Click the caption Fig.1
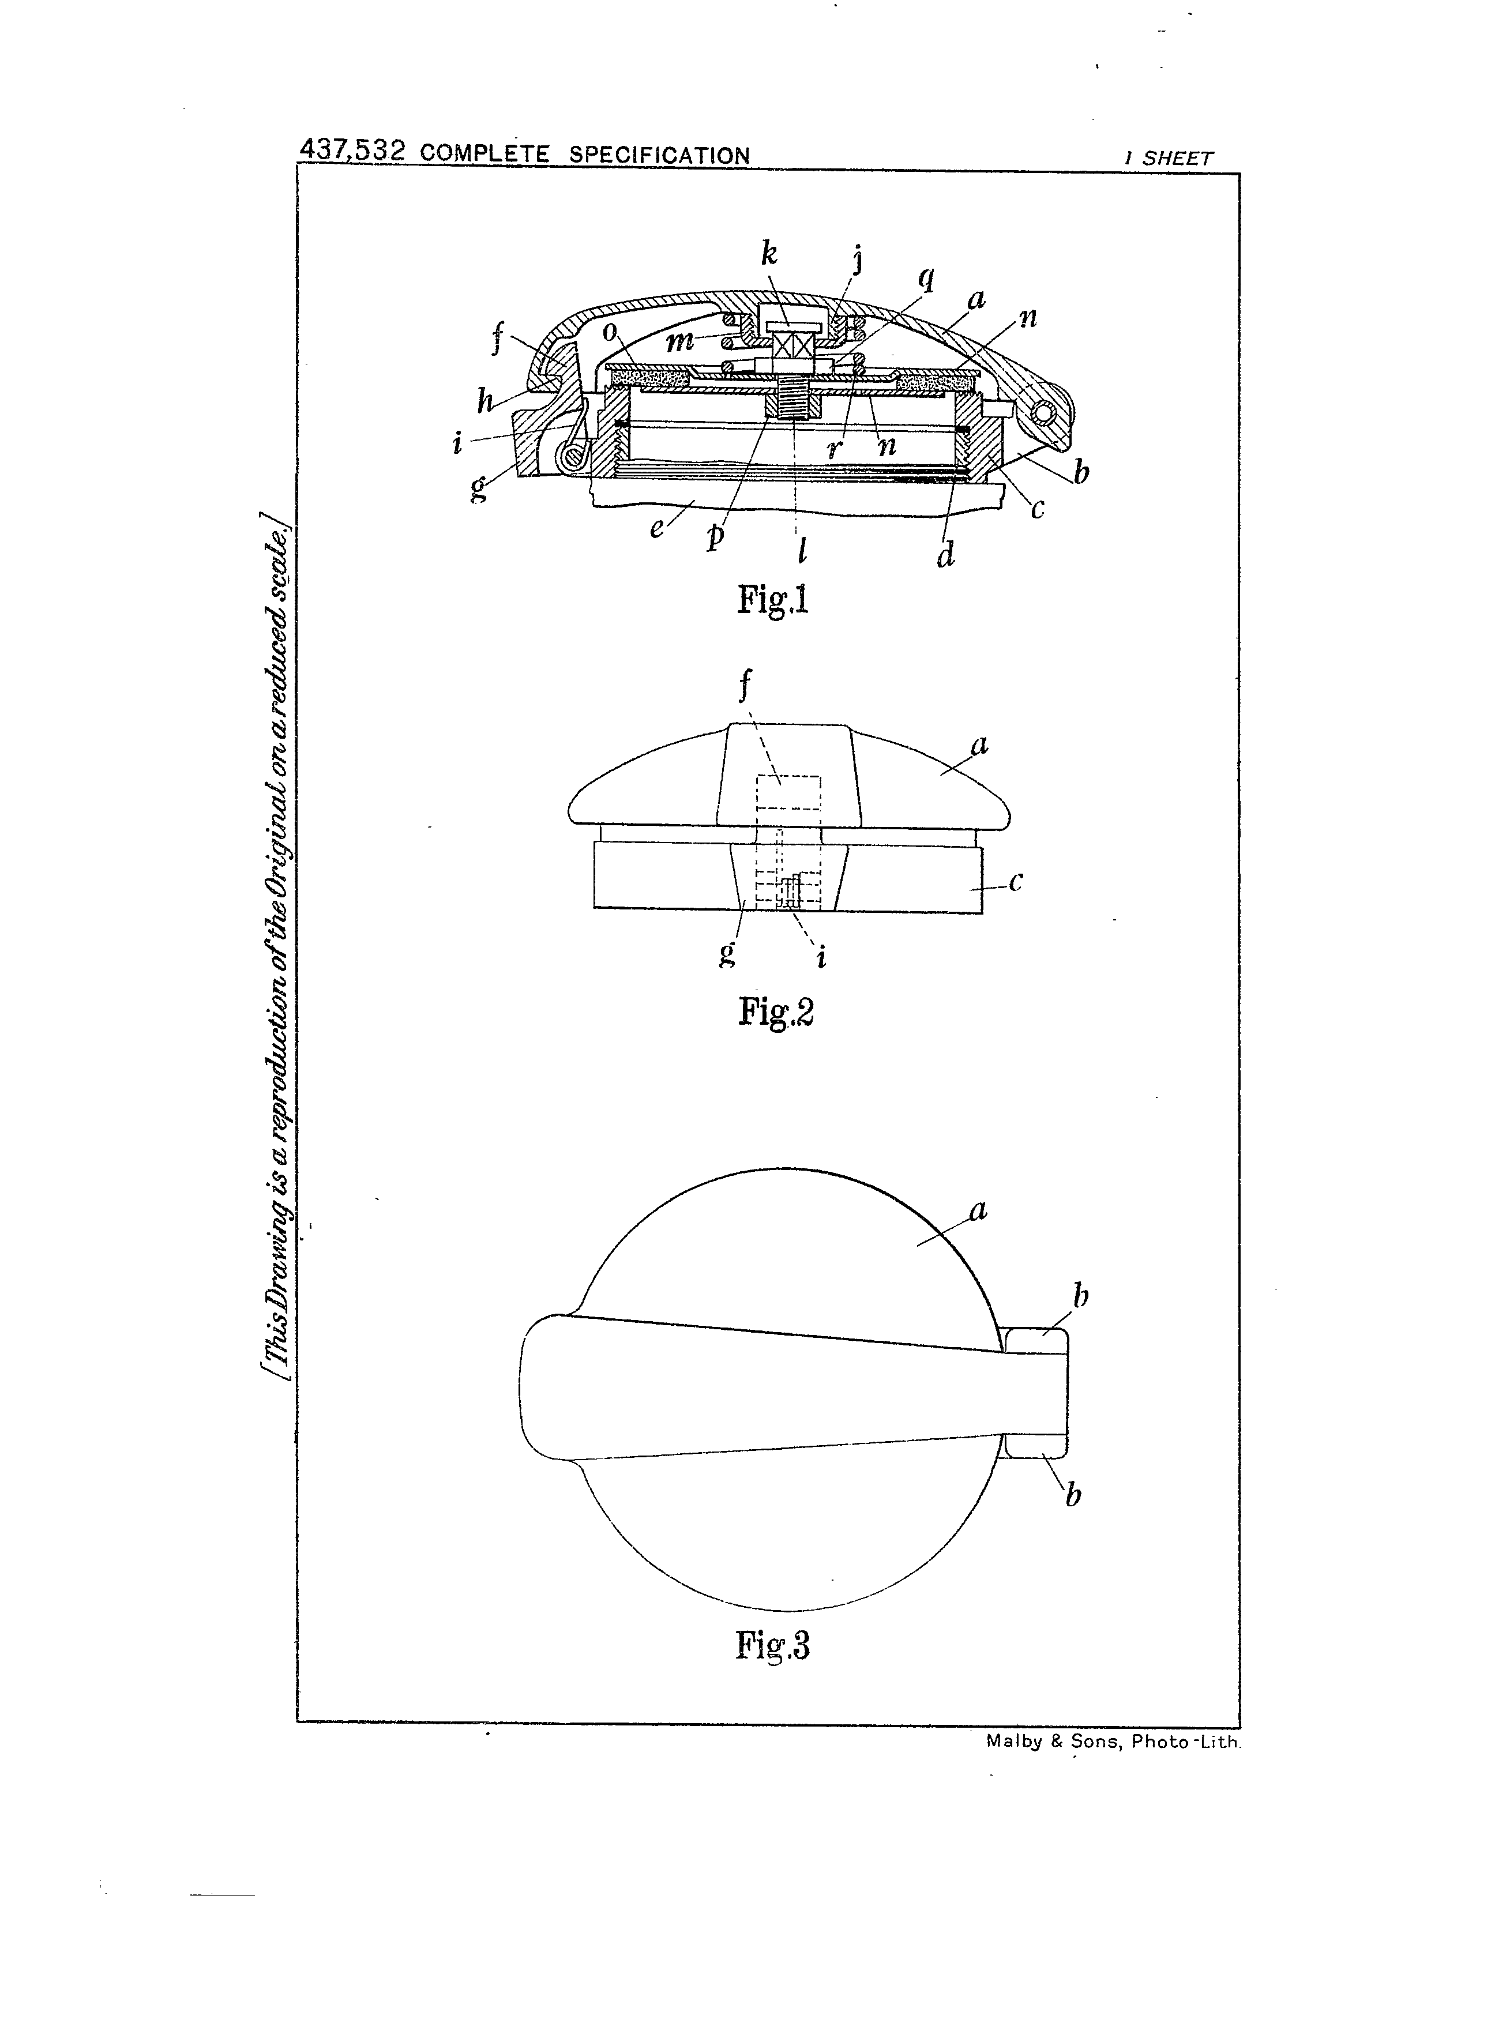(772, 599)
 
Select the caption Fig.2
(776, 1011)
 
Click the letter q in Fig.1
(926, 279)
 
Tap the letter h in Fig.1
(486, 399)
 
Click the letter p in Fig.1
(716, 536)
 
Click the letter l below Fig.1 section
(802, 550)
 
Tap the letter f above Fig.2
(745, 685)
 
